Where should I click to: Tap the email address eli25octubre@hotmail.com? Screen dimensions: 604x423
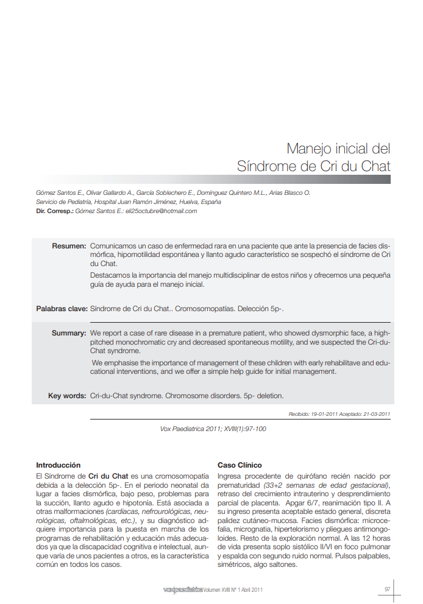click(161, 211)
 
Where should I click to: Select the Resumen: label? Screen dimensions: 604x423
click(69, 246)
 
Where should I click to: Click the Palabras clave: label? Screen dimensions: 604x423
click(61, 309)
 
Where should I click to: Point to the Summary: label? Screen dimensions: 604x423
click(68, 333)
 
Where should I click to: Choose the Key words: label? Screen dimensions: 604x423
click(67, 396)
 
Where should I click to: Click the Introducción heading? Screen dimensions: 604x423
click(59, 465)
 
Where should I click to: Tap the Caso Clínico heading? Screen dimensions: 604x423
click(240, 465)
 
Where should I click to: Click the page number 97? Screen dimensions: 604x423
click(387, 589)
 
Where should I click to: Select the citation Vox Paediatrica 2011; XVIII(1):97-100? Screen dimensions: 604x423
click(213, 429)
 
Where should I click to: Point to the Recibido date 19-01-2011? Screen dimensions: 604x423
click(323, 414)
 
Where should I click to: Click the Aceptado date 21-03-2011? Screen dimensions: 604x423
click(374, 414)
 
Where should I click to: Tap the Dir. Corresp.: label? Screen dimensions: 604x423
click(55, 211)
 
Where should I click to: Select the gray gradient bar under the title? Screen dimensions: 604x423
click(305, 180)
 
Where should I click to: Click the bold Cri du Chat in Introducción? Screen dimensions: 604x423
click(108, 476)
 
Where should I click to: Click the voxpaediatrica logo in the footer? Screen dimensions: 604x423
click(182, 589)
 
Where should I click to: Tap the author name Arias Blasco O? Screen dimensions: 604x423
click(290, 192)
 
